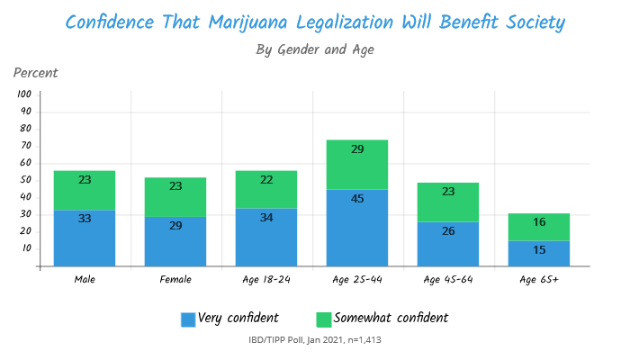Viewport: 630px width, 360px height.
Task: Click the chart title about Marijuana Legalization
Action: (x=315, y=21)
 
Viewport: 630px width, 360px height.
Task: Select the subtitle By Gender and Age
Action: (x=315, y=49)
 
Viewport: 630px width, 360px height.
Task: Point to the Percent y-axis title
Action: (x=36, y=73)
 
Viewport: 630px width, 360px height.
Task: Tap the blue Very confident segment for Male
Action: (x=85, y=238)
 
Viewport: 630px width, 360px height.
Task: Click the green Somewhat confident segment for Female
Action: (x=175, y=196)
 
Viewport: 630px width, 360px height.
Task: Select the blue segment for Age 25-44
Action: (x=357, y=228)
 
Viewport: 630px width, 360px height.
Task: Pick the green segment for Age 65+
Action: (x=539, y=227)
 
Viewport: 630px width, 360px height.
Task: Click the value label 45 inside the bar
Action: (x=357, y=198)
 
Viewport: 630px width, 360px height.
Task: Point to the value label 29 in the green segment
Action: (x=357, y=149)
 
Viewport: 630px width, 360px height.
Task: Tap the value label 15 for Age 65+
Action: (x=539, y=249)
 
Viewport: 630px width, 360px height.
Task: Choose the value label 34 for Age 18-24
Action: (x=266, y=218)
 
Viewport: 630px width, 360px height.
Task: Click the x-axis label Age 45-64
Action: (x=448, y=280)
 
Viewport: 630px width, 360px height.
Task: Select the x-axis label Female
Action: (x=175, y=280)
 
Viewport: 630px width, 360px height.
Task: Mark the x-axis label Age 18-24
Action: (x=266, y=280)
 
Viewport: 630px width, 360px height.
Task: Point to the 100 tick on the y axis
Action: (x=24, y=94)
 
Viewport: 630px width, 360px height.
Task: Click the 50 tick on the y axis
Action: (x=26, y=180)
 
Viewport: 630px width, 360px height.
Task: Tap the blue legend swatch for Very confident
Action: (x=188, y=319)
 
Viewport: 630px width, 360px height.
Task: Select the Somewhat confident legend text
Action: (x=391, y=319)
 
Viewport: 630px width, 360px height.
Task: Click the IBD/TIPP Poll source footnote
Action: (x=315, y=340)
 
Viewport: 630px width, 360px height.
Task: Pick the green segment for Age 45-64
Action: (x=448, y=202)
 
